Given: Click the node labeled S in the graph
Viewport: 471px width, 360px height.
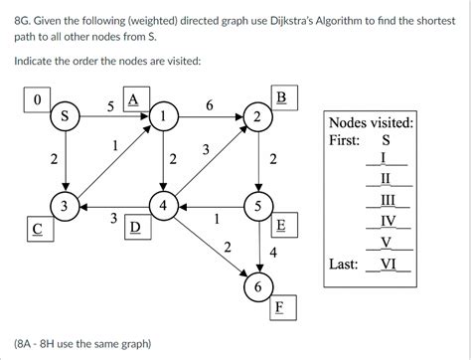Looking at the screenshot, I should pos(65,117).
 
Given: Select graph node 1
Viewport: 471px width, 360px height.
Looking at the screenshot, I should pos(162,117).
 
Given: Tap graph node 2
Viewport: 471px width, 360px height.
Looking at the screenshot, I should pos(259,117).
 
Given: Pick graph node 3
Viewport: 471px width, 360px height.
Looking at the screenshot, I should pos(65,207).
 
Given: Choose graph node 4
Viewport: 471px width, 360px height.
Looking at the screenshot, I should pos(162,207).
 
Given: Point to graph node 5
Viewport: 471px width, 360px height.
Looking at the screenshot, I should pos(259,207).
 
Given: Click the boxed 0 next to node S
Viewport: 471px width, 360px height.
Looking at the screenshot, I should pos(37,99).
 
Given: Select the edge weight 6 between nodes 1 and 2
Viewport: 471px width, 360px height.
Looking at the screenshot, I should pos(209,104).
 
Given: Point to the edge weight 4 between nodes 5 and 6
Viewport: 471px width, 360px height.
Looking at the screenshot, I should pos(273,253).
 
